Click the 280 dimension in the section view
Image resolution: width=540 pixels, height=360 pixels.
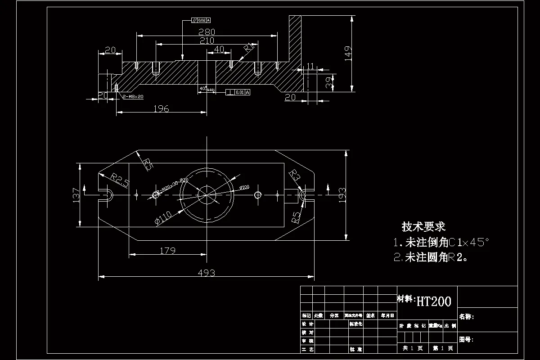point(207,32)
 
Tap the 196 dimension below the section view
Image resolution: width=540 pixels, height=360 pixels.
point(161,108)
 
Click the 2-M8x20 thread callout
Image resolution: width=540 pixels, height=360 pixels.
point(133,97)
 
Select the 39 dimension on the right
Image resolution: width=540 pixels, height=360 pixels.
point(329,83)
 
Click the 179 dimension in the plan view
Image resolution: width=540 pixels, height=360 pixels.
point(167,251)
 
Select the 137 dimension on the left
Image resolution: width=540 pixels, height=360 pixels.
point(76,195)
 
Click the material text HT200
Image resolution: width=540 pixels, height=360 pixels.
point(434,301)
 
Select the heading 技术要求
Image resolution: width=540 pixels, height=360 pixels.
point(423,227)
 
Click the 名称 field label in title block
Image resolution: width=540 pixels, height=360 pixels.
point(466,317)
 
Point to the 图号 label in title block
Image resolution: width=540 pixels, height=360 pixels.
point(466,339)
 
